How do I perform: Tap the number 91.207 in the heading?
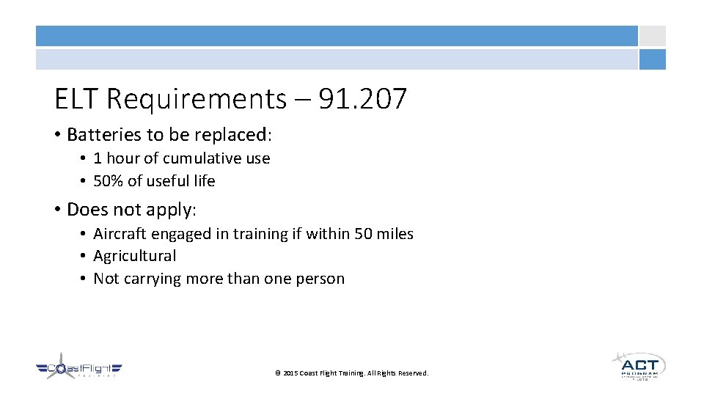362,98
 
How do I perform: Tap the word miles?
395,234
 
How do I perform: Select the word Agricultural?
135,256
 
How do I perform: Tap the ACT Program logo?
638,365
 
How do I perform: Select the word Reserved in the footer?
413,373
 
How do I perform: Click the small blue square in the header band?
652,59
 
